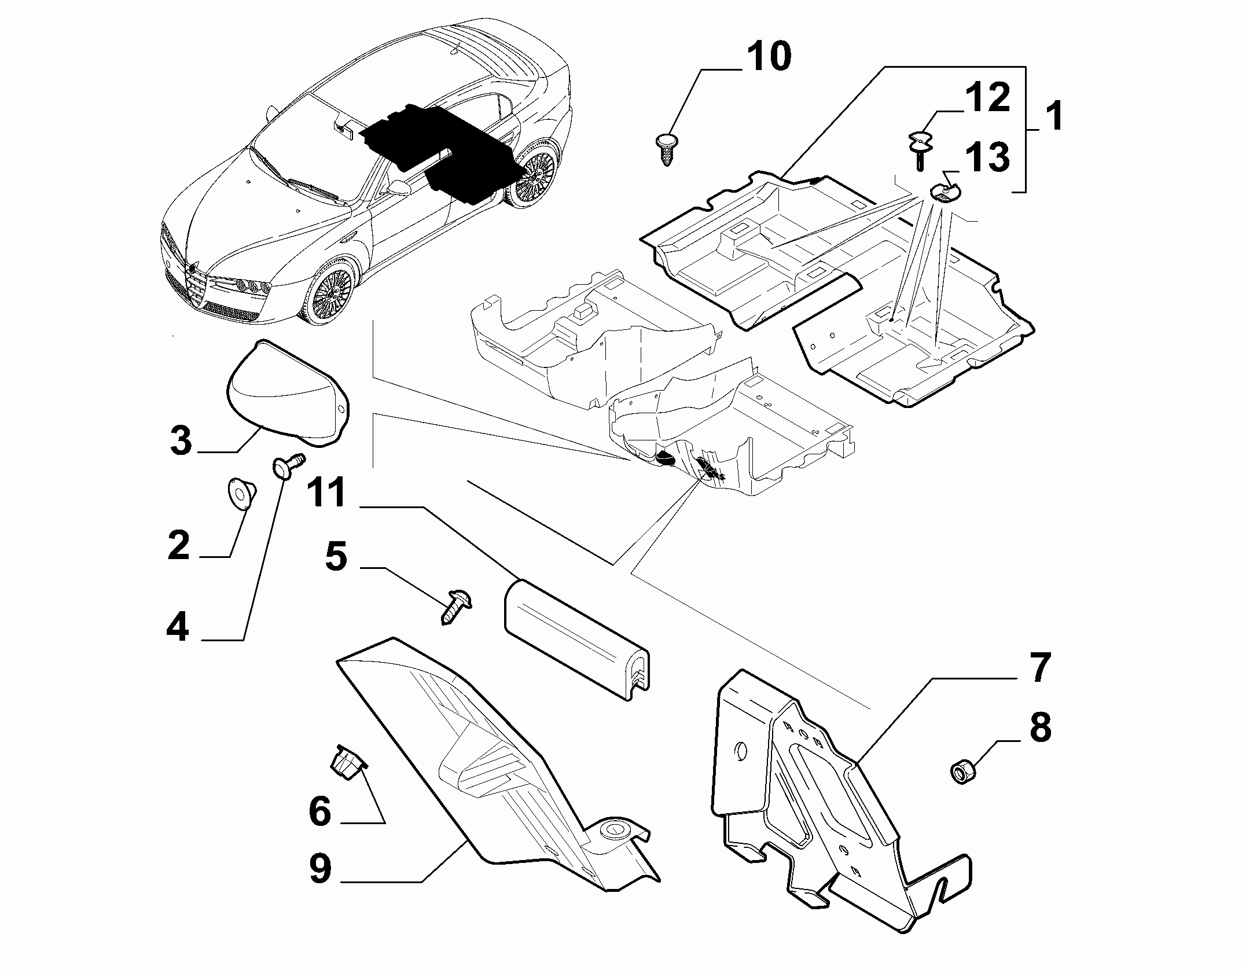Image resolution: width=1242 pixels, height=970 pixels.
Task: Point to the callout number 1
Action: pyautogui.click(x=1054, y=116)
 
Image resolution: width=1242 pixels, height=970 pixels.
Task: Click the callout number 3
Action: pyautogui.click(x=181, y=440)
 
